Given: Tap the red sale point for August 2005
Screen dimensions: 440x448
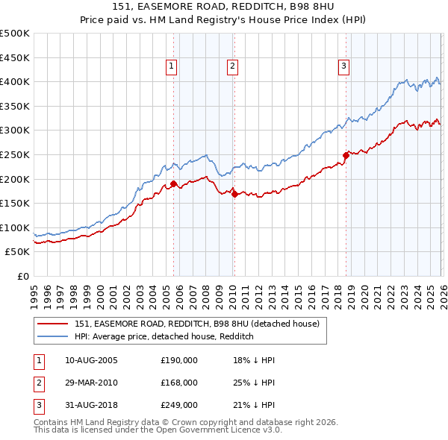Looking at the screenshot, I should coord(173,183).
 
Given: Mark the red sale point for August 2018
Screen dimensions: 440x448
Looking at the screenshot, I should coord(346,155).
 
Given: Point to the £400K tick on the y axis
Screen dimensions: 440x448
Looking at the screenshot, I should coord(15,81).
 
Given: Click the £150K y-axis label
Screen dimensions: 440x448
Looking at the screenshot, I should coord(15,203).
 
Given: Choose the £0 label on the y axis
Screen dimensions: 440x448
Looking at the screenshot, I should coord(22,276).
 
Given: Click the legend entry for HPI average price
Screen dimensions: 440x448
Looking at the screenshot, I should coord(164,336).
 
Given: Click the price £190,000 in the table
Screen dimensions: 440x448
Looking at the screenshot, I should coord(179,360).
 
